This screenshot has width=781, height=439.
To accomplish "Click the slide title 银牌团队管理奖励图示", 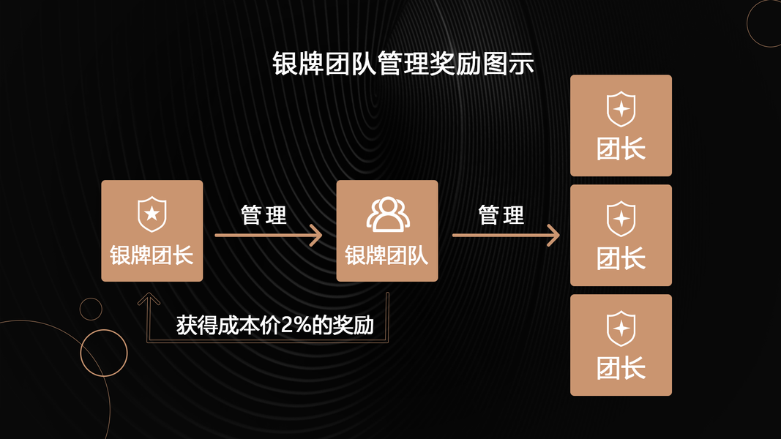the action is (x=403, y=64).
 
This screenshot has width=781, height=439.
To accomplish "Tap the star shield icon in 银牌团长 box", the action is (x=152, y=214).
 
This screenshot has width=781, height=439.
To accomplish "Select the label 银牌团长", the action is (x=152, y=255).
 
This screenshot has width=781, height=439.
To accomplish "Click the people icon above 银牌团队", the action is (x=387, y=214).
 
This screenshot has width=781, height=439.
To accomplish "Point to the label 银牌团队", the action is (x=386, y=255).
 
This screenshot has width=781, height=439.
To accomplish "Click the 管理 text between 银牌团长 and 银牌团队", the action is (x=264, y=215).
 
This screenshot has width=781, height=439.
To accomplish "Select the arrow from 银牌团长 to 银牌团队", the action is (x=268, y=236).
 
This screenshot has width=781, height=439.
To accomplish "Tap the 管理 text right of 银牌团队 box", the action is (x=501, y=215).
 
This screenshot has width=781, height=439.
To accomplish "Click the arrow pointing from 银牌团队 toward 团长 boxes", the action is (x=505, y=236).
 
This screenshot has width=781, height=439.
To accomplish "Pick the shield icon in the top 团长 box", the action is (x=621, y=109).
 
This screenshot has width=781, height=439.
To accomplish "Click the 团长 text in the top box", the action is (x=621, y=149).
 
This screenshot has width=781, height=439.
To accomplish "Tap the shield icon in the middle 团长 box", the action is (x=621, y=219).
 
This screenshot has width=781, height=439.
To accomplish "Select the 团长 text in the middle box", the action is (x=621, y=258).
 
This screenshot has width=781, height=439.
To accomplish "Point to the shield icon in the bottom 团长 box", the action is (x=621, y=329).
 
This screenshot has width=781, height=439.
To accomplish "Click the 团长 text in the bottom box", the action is (x=621, y=368).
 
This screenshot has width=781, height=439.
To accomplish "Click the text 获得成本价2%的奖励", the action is (x=275, y=325).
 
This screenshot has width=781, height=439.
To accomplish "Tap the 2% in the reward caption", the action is (x=294, y=325).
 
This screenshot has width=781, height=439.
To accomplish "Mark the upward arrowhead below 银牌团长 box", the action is (x=149, y=299).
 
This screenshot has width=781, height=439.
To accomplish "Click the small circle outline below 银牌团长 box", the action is (x=91, y=309).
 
